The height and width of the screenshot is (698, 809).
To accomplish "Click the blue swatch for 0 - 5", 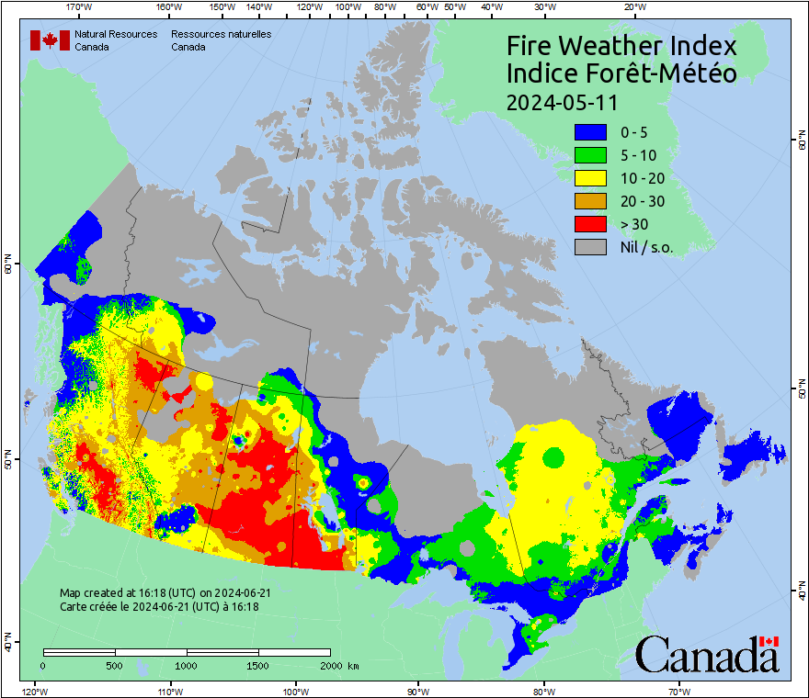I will click(x=590, y=132).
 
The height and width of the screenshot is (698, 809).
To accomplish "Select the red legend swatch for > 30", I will click(x=590, y=223).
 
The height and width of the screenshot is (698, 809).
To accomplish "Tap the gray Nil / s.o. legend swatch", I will click(x=590, y=246).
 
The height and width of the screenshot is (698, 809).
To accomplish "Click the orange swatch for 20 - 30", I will click(x=590, y=201).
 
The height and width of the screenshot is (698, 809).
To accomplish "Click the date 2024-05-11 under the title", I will click(x=562, y=101).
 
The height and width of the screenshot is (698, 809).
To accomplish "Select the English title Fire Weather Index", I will click(x=621, y=46).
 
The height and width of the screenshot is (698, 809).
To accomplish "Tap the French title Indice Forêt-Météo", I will click(x=621, y=73).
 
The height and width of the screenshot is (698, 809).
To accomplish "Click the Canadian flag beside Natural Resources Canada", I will click(x=50, y=39).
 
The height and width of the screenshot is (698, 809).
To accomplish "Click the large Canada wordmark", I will click(x=707, y=655).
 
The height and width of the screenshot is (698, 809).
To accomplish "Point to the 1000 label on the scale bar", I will click(x=187, y=665).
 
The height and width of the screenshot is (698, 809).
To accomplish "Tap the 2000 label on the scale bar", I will click(x=329, y=665).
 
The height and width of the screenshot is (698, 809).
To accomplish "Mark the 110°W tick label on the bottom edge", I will click(x=169, y=691).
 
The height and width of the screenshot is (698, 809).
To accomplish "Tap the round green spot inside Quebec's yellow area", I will click(x=553, y=456).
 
